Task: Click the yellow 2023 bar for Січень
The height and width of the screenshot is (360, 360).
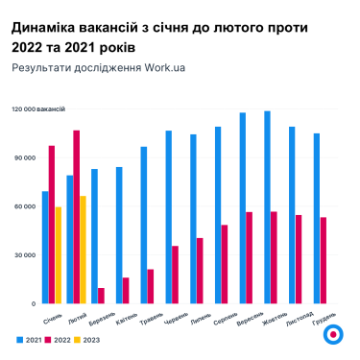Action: pyautogui.click(x=59, y=255)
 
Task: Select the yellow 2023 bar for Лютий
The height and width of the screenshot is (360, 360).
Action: pyautogui.click(x=84, y=250)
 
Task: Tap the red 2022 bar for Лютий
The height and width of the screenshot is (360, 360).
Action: pyautogui.click(x=77, y=217)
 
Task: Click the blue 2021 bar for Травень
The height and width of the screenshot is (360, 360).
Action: pyautogui.click(x=144, y=225)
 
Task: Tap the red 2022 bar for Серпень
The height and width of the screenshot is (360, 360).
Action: pyautogui.click(x=225, y=264)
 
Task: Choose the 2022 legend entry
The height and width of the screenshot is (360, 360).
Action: pyautogui.click(x=60, y=340)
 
